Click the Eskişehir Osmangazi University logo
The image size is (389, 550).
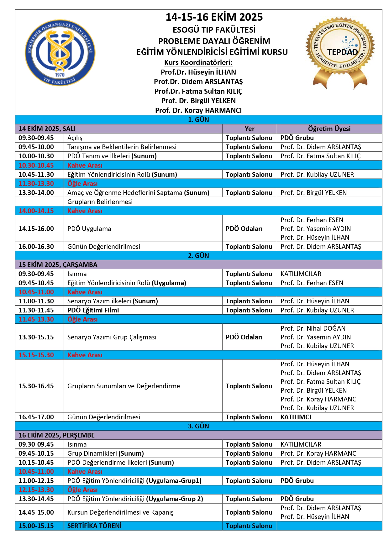60,53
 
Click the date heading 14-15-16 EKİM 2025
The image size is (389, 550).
214,17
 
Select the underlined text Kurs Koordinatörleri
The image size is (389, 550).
198,62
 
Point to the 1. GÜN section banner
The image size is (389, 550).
198,119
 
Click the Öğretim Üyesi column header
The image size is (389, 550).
329,128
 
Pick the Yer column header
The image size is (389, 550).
250,128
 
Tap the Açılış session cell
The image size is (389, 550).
75,138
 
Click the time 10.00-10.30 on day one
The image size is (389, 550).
36,156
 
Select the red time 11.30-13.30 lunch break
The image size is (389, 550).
36,183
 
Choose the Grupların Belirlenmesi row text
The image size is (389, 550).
100,202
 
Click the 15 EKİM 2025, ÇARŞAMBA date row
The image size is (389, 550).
58,265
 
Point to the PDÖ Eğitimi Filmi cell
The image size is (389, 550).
93,310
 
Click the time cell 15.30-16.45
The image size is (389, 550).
36,386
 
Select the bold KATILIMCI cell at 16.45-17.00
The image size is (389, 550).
296,417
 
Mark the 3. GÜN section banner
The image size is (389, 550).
198,426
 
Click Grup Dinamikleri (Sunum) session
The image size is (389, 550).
106,453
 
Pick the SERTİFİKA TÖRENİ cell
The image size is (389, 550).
94,526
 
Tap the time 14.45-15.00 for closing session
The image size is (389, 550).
36,512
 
